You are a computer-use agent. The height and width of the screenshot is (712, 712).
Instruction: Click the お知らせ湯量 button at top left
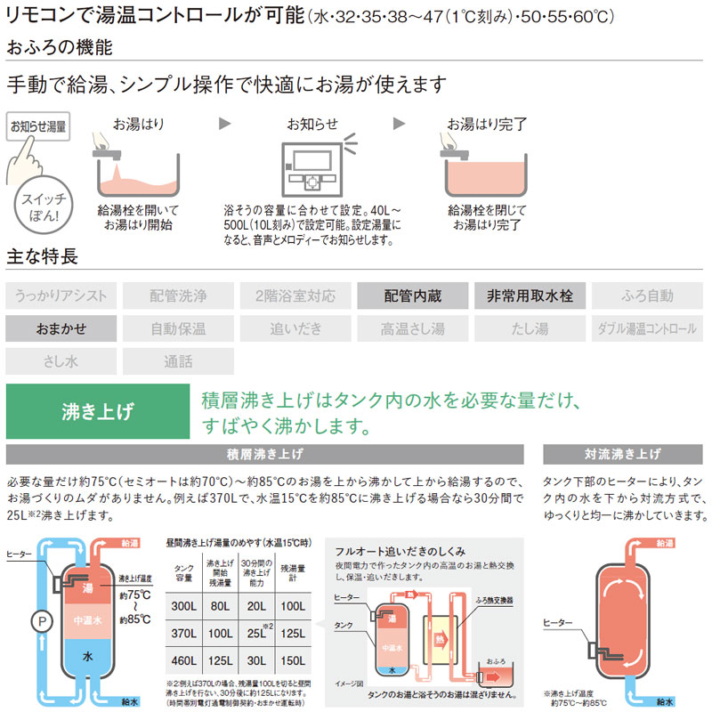37,127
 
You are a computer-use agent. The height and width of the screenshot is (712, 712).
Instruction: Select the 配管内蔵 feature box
412,295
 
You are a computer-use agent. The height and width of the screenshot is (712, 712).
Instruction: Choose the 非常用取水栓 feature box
530,295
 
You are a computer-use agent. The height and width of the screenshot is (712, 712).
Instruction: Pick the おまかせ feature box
61,328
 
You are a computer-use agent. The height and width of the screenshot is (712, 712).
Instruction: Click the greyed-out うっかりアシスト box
61,295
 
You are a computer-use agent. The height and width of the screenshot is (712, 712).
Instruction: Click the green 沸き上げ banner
98,411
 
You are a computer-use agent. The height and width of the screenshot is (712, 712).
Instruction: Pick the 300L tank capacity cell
185,606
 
